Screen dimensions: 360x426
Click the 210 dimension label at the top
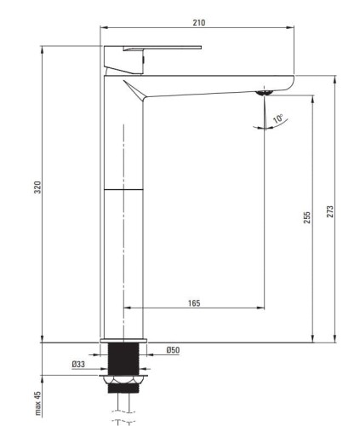click(199, 22)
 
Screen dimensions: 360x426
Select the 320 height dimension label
click(37, 187)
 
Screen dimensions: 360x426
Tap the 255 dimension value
click(307, 217)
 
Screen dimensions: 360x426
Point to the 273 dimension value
click(330, 211)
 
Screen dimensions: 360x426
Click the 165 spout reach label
click(194, 303)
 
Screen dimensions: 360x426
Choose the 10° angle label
click(278, 118)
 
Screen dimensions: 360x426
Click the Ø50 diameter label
click(173, 350)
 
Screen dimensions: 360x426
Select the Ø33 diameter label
click(78, 364)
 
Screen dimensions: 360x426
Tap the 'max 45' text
click(37, 404)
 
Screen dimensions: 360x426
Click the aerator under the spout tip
click(265, 92)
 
